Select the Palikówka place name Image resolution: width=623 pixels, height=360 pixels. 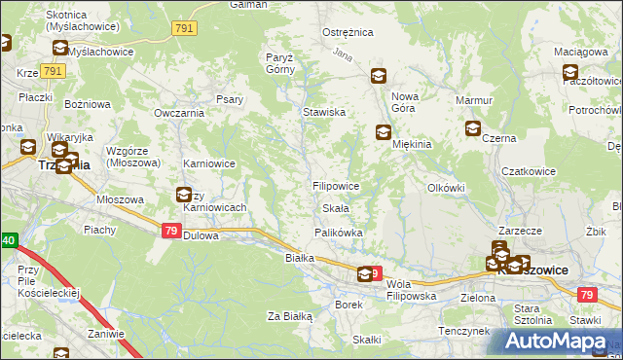pyautogui.click(x=338, y=233)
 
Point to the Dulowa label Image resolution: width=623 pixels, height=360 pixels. pyautogui.click(x=202, y=235)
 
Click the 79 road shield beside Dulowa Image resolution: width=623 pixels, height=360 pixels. pyautogui.click(x=170, y=231)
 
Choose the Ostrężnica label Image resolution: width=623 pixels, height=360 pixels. pyautogui.click(x=348, y=32)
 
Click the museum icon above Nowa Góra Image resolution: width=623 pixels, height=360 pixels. pyautogui.click(x=379, y=76)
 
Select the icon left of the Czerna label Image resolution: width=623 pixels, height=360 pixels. pyautogui.click(x=473, y=128)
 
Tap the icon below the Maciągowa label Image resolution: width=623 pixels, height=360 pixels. pyautogui.click(x=570, y=72)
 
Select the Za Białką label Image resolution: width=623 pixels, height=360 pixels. pyautogui.click(x=289, y=316)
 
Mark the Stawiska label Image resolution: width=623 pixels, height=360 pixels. pyautogui.click(x=324, y=113)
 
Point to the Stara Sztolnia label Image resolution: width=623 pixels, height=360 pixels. pyautogui.click(x=532, y=313)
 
